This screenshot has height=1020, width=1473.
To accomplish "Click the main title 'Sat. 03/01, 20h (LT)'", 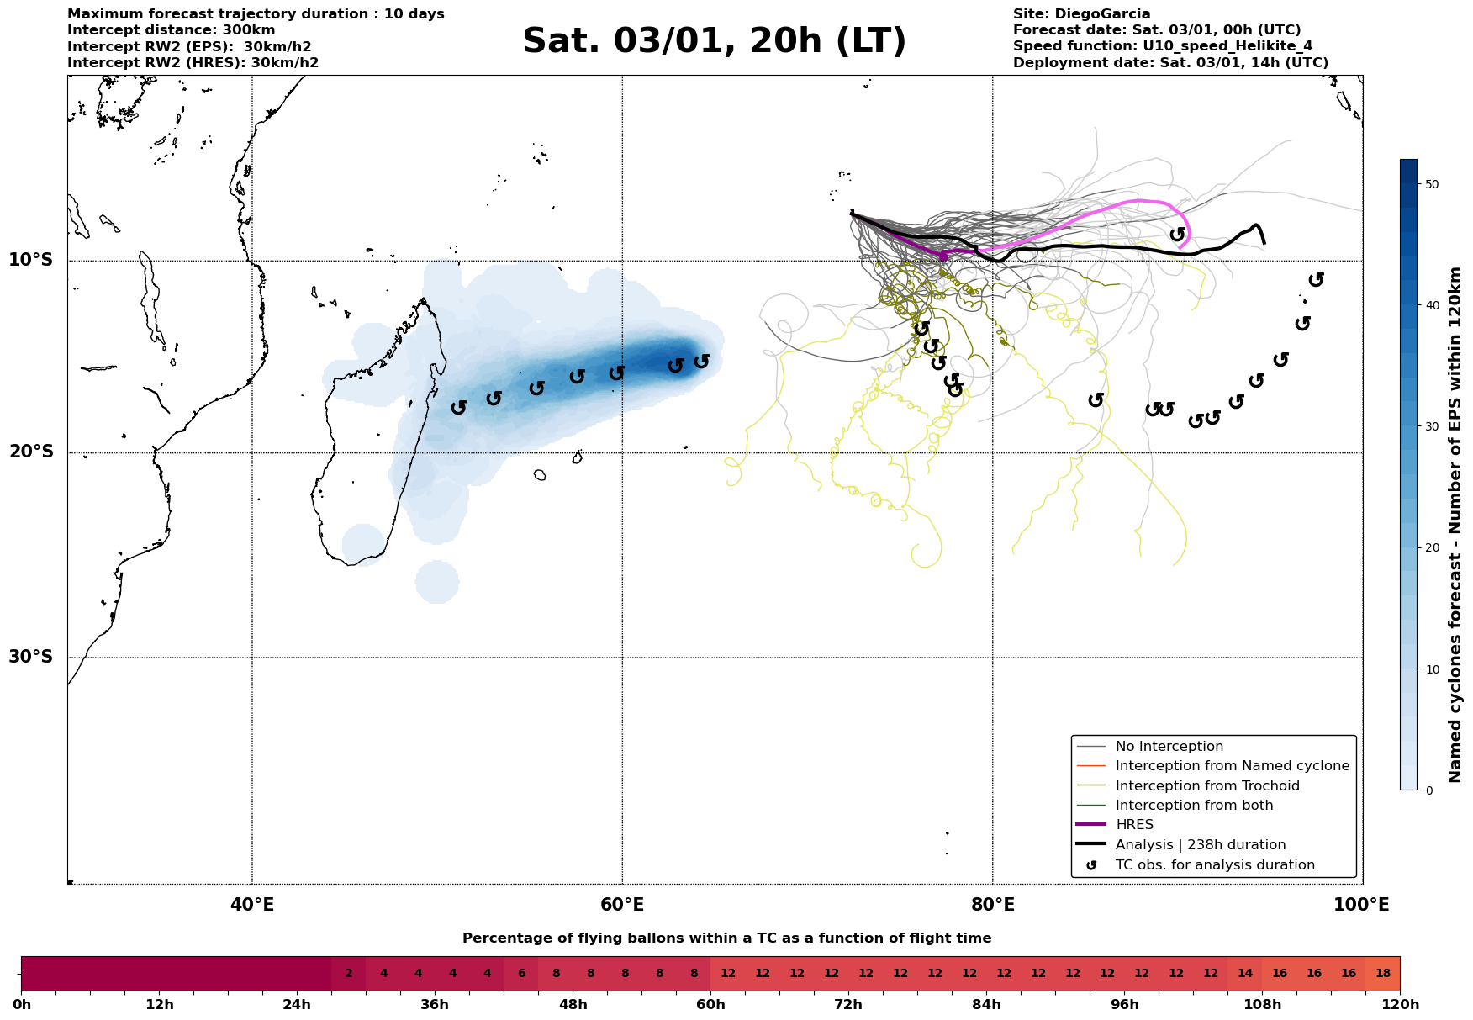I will tap(714, 41).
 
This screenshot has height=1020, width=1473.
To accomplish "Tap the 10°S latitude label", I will tap(31, 260).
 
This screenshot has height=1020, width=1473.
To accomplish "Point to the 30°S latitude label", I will tap(31, 657).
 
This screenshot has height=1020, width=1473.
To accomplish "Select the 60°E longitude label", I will tap(621, 906).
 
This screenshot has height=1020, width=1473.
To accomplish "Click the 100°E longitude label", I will tap(1361, 906).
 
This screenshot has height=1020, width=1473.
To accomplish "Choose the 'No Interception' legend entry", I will tap(1169, 747).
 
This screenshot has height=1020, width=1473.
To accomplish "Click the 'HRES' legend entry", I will tap(1134, 825).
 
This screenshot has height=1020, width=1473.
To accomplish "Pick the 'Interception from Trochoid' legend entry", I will tap(1206, 786).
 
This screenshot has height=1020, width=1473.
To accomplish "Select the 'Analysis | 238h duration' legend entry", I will tap(1200, 845).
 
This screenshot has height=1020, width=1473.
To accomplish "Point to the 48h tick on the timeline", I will tap(573, 1005).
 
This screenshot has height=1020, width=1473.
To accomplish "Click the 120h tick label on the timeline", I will tap(1399, 1005).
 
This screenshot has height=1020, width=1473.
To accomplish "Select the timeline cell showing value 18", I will tap(1382, 974).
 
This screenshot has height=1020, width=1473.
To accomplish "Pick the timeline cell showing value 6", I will tap(521, 974).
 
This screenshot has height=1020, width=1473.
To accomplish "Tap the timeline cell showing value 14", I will tap(1244, 974).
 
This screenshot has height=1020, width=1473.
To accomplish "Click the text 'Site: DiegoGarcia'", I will tap(1081, 14).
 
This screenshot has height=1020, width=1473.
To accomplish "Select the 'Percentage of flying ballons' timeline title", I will tap(726, 938).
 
